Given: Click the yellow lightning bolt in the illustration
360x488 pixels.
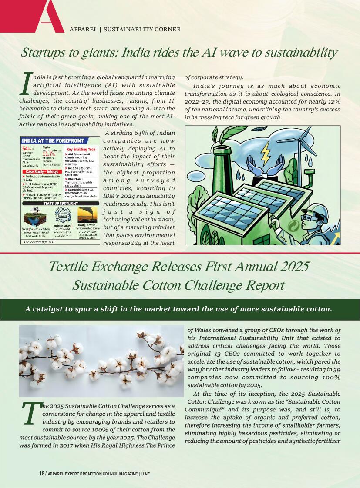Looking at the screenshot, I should click(x=265, y=153).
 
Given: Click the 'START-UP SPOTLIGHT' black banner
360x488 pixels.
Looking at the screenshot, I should click(x=61, y=203).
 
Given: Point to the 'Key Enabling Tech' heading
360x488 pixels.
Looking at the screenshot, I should click(x=81, y=149).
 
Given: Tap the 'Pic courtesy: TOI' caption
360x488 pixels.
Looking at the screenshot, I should click(x=39, y=241).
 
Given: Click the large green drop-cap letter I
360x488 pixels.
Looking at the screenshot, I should click(x=27, y=84).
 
